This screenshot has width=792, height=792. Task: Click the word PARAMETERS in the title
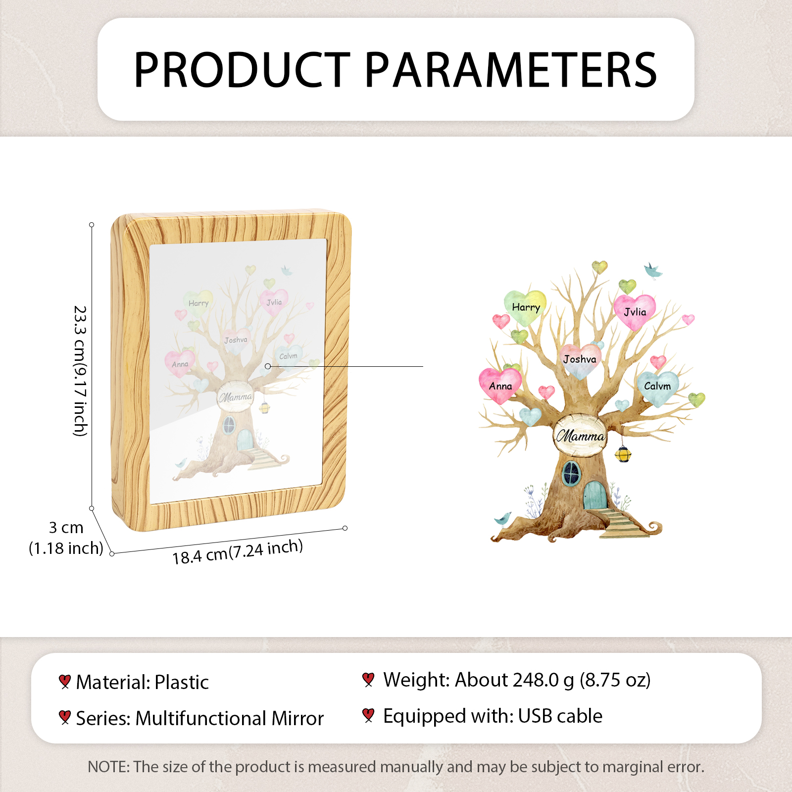[x=511, y=70]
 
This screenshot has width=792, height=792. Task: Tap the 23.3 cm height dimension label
[x=80, y=371]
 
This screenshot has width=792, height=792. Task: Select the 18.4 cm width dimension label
[x=238, y=552]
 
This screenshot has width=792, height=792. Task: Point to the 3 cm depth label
[x=66, y=538]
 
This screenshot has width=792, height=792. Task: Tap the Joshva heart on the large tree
[x=580, y=360]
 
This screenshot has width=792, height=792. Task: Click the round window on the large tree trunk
[x=571, y=473]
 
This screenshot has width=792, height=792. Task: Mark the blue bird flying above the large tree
[x=653, y=271]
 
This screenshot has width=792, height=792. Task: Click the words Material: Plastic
[x=142, y=682]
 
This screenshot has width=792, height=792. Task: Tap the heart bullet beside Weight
[x=368, y=680]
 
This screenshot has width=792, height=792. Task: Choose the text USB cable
[x=560, y=716]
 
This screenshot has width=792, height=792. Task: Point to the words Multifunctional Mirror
[x=230, y=718]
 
